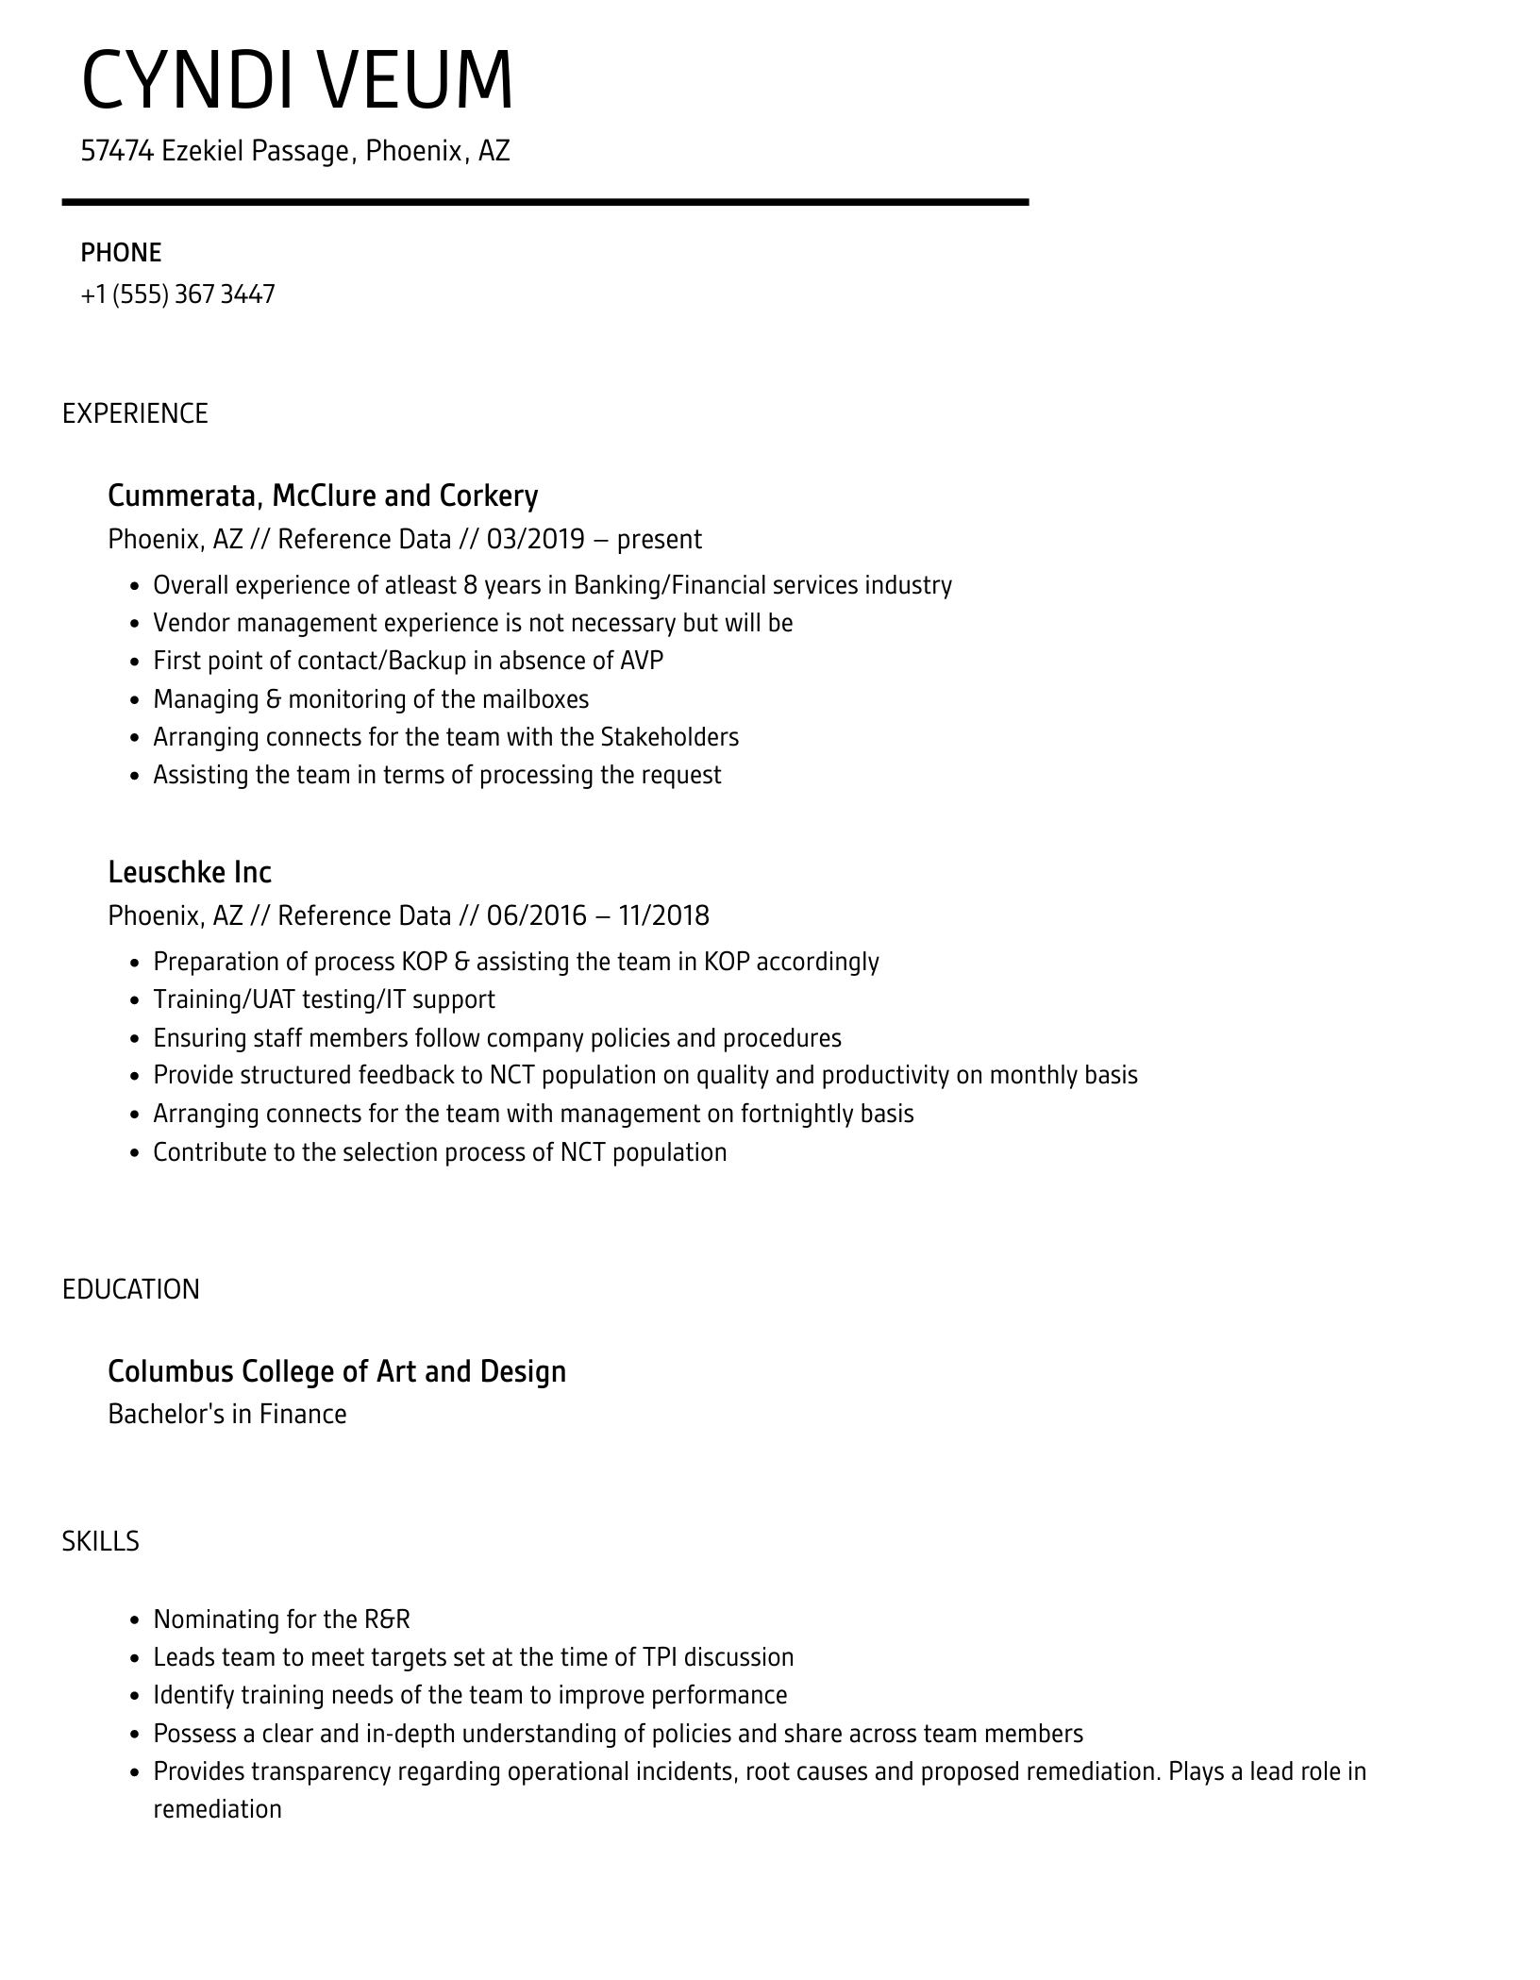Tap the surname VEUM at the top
click(x=415, y=80)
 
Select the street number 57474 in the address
click(x=117, y=151)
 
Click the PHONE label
click(x=121, y=253)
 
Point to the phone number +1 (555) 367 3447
click(x=177, y=294)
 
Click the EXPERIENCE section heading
click(x=135, y=413)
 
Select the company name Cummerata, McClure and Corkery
click(x=323, y=495)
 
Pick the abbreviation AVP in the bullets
click(x=642, y=661)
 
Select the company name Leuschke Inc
click(x=190, y=872)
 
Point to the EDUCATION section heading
click(x=131, y=1289)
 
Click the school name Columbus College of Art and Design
click(x=337, y=1370)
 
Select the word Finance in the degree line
click(x=303, y=1414)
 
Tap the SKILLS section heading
click(x=100, y=1541)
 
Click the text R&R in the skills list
click(x=387, y=1619)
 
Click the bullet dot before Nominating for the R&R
click(x=134, y=1620)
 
